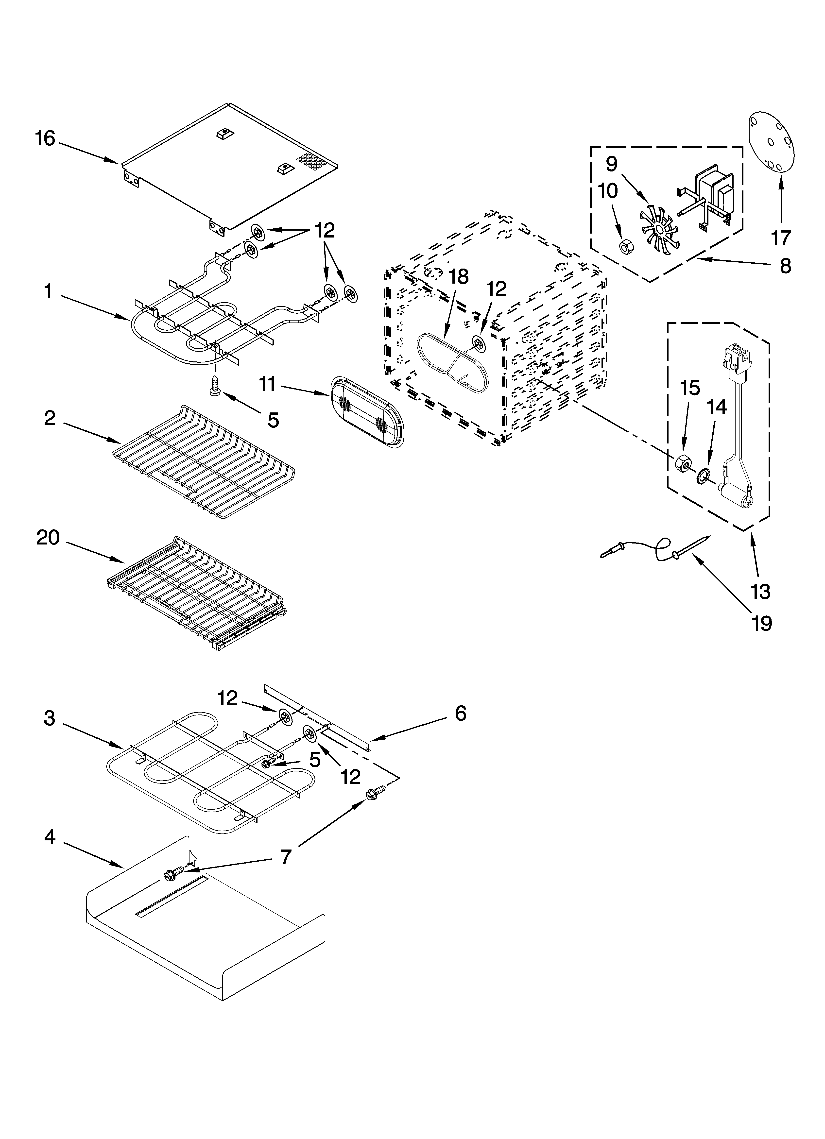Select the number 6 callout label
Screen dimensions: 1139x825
click(x=460, y=713)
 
